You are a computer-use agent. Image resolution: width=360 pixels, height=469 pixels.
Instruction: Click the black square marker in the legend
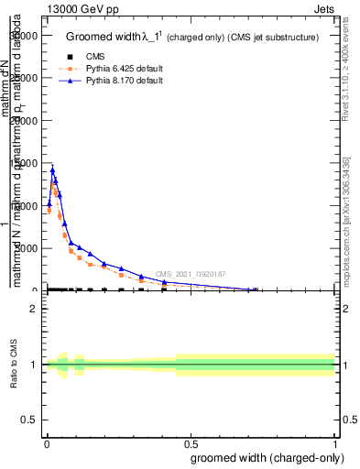pyautogui.click(x=63, y=56)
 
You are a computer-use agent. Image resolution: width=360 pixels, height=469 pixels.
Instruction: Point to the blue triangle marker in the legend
pyautogui.click(x=63, y=82)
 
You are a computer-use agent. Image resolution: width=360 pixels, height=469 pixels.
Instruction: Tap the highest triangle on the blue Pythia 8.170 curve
pyautogui.click(x=52, y=169)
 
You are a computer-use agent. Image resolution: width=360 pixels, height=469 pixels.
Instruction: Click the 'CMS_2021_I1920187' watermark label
pyautogui.click(x=190, y=274)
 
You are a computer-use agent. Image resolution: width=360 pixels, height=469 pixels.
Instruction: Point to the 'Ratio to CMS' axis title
pyautogui.click(x=15, y=365)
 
